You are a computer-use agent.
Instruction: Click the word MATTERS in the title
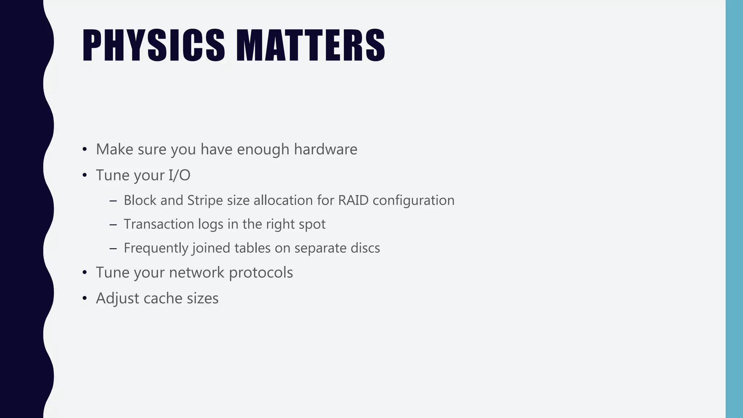pyautogui.click(x=311, y=45)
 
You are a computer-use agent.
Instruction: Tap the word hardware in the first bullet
pyautogui.click(x=325, y=149)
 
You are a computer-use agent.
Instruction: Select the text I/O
pyautogui.click(x=179, y=175)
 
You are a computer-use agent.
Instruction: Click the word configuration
pyautogui.click(x=413, y=201)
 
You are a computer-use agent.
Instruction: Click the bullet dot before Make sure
pyautogui.click(x=85, y=149)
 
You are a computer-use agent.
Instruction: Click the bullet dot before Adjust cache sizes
pyautogui.click(x=85, y=298)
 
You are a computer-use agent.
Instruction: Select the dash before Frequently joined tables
pyautogui.click(x=113, y=249)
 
